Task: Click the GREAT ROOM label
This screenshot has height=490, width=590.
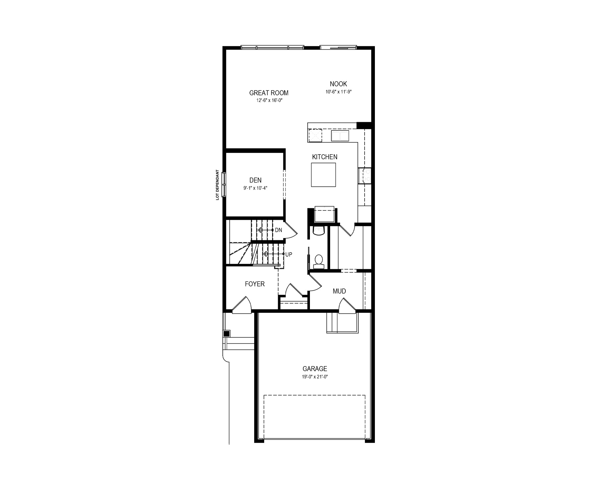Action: (x=269, y=93)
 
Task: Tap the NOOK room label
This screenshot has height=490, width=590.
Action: (x=338, y=84)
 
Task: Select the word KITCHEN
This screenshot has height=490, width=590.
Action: (x=325, y=157)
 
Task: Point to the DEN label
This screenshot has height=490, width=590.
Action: (x=256, y=180)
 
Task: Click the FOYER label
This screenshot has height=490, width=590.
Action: (x=255, y=284)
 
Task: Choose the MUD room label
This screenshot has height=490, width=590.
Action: (x=339, y=291)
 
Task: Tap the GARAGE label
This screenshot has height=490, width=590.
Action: (x=315, y=369)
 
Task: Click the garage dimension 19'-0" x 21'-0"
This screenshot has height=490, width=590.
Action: (x=315, y=377)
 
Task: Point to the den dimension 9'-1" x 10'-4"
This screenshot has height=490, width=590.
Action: (x=256, y=188)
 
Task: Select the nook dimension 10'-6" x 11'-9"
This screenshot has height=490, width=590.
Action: (x=338, y=92)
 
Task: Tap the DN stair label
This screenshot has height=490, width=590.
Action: (x=278, y=230)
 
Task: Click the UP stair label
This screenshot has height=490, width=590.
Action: (x=289, y=255)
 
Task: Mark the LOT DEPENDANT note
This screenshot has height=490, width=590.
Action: (x=217, y=185)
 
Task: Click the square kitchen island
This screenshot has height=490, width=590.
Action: (x=324, y=175)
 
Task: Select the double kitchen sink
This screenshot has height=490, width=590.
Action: (x=340, y=136)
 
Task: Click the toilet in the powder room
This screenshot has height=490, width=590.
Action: (x=319, y=261)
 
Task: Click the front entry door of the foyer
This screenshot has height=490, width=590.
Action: (x=241, y=306)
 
